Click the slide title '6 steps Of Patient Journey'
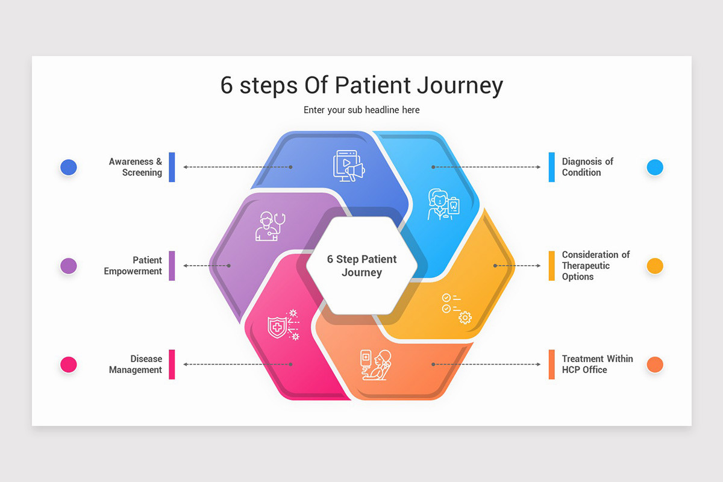point(361,86)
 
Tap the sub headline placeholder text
point(361,110)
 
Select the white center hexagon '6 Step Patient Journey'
point(361,266)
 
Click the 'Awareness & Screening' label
point(136,167)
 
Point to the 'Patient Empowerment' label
point(133,266)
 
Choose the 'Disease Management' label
point(136,365)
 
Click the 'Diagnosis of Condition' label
point(587,167)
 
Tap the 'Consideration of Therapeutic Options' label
point(595,266)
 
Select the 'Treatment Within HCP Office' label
point(597,365)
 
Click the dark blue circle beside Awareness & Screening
point(69,167)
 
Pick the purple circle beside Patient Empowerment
point(69,266)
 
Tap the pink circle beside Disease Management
point(69,365)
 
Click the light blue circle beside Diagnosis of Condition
point(655,167)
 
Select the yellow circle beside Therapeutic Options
point(655,266)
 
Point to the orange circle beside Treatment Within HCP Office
point(655,365)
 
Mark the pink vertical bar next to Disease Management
point(172,365)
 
